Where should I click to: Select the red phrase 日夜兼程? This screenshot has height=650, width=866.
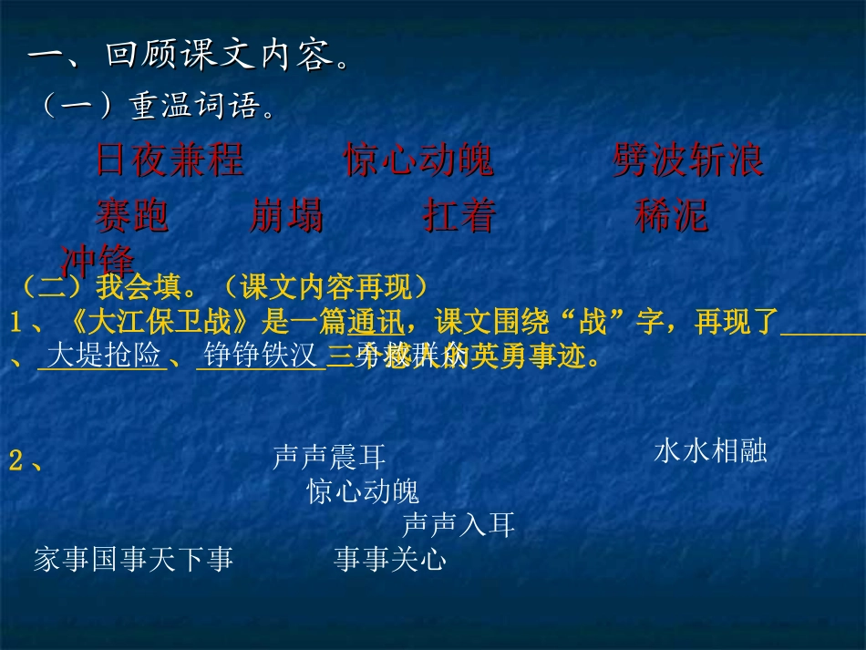point(170,161)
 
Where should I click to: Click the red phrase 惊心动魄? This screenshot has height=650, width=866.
point(419,161)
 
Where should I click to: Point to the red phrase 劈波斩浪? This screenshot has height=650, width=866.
point(688,161)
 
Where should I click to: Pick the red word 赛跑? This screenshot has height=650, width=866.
point(133,217)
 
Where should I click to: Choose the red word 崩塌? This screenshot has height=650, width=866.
point(286,217)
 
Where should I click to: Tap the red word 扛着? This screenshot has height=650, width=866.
point(459,217)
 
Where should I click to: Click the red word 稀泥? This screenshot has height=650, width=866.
point(671,217)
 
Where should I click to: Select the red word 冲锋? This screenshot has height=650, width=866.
point(98,260)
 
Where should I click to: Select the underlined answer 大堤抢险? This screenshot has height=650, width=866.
point(103,356)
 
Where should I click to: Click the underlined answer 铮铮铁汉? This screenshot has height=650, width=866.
point(261,356)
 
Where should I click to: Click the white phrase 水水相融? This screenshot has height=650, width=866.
point(710,451)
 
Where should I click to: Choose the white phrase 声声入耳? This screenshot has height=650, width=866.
point(459,524)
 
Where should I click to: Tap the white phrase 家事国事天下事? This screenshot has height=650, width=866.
point(133,559)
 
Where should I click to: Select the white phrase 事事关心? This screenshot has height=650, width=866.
point(390,559)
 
